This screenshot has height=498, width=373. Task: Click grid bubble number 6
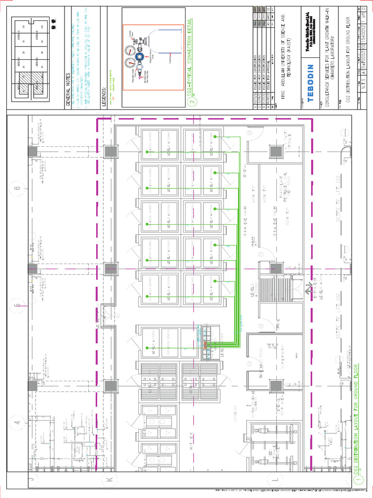(18, 188)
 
